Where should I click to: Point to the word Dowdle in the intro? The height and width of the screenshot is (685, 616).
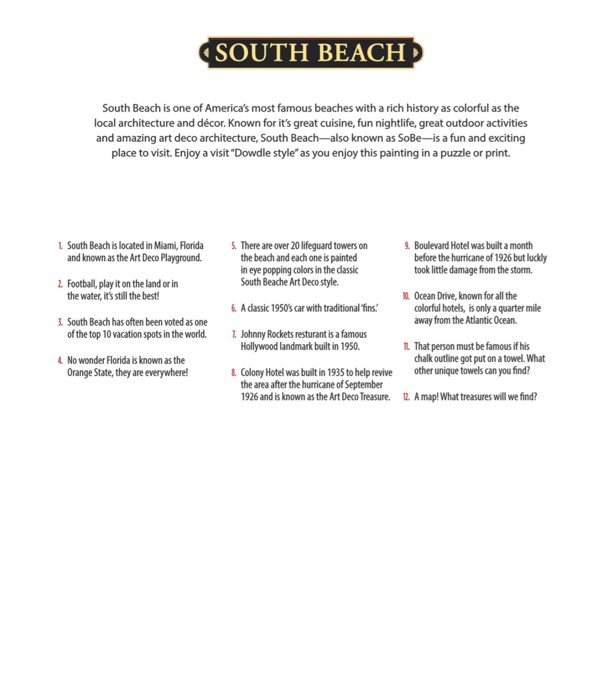click(x=252, y=153)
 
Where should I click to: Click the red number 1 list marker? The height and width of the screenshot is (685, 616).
click(x=60, y=246)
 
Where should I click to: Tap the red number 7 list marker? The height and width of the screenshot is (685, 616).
click(x=234, y=334)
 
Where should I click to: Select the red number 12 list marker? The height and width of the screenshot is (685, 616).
click(x=406, y=397)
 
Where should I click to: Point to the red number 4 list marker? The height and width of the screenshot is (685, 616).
click(x=60, y=361)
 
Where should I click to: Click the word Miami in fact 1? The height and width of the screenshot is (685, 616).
click(x=165, y=246)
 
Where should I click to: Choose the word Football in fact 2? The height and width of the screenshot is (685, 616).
click(x=82, y=284)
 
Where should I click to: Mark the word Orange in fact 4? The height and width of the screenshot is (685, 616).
click(x=80, y=373)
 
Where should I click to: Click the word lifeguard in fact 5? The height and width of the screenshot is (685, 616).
click(x=316, y=246)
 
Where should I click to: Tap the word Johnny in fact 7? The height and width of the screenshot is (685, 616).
click(x=253, y=334)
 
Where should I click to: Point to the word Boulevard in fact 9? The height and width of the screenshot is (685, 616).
click(x=431, y=246)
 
